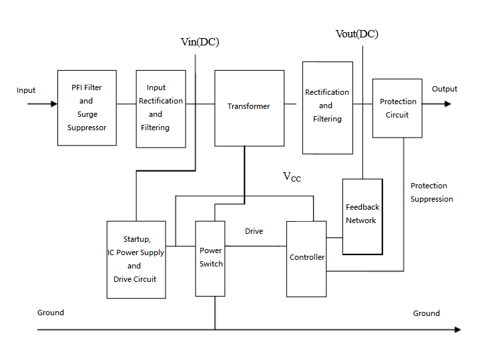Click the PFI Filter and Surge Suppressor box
86,108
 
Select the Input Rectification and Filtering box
160,108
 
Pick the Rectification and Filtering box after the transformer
327,107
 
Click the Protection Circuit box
397,108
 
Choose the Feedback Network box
362,216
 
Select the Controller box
306,258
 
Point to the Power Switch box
210,258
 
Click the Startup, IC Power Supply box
136,259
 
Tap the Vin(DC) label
200,42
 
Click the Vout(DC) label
356,34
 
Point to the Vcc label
292,177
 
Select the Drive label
254,231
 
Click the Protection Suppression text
431,192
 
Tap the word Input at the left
26,90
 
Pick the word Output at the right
445,89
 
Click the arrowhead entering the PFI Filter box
53,104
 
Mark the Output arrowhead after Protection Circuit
447,104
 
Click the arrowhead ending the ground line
457,329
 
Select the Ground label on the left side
51,313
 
